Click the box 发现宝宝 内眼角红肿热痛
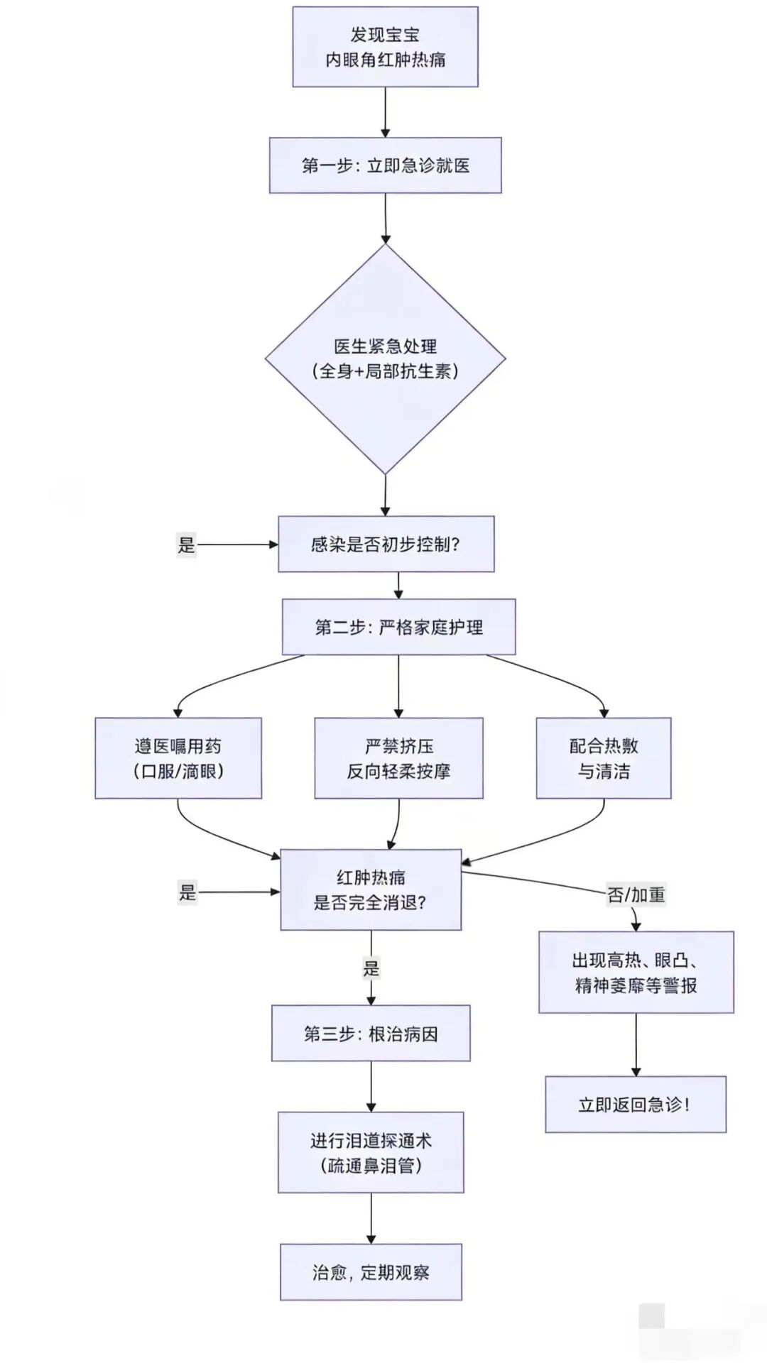[x=385, y=47]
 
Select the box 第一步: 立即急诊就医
[x=385, y=165]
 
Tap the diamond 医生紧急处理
[x=385, y=358]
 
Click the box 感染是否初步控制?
[x=386, y=544]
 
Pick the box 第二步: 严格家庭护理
[x=398, y=627]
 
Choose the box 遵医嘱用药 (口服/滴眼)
[x=178, y=758]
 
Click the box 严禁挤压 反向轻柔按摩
[x=398, y=758]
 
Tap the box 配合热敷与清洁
[x=604, y=758]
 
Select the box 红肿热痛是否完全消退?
[x=371, y=889]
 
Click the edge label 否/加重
[x=636, y=894]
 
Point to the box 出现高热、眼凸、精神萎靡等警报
[x=636, y=973]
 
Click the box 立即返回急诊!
[x=636, y=1105]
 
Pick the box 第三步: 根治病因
[x=371, y=1034]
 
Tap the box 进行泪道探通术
[x=371, y=1153]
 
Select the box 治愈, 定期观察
[x=371, y=1272]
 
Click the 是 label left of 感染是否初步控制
[x=186, y=544]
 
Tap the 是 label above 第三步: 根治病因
[x=371, y=968]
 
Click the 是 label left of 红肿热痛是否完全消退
[x=187, y=892]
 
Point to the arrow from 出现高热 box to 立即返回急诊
[x=636, y=1044]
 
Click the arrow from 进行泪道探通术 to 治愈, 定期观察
[x=371, y=1218]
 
